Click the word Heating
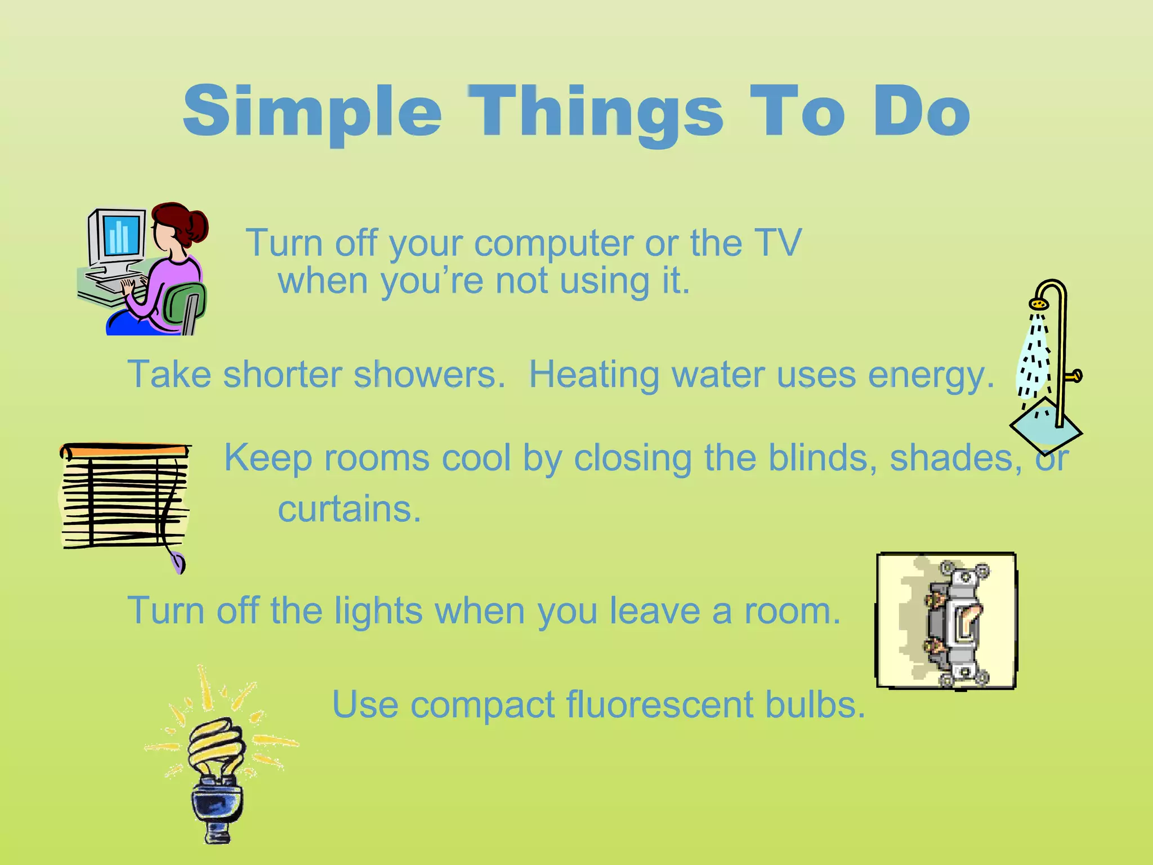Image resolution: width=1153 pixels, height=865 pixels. tap(593, 375)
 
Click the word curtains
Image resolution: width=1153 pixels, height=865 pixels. tap(349, 509)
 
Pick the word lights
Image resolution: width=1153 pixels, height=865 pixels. tap(378, 610)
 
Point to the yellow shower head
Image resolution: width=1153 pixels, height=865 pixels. tap(1039, 304)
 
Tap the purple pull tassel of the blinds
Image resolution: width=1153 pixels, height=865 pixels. tap(178, 563)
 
